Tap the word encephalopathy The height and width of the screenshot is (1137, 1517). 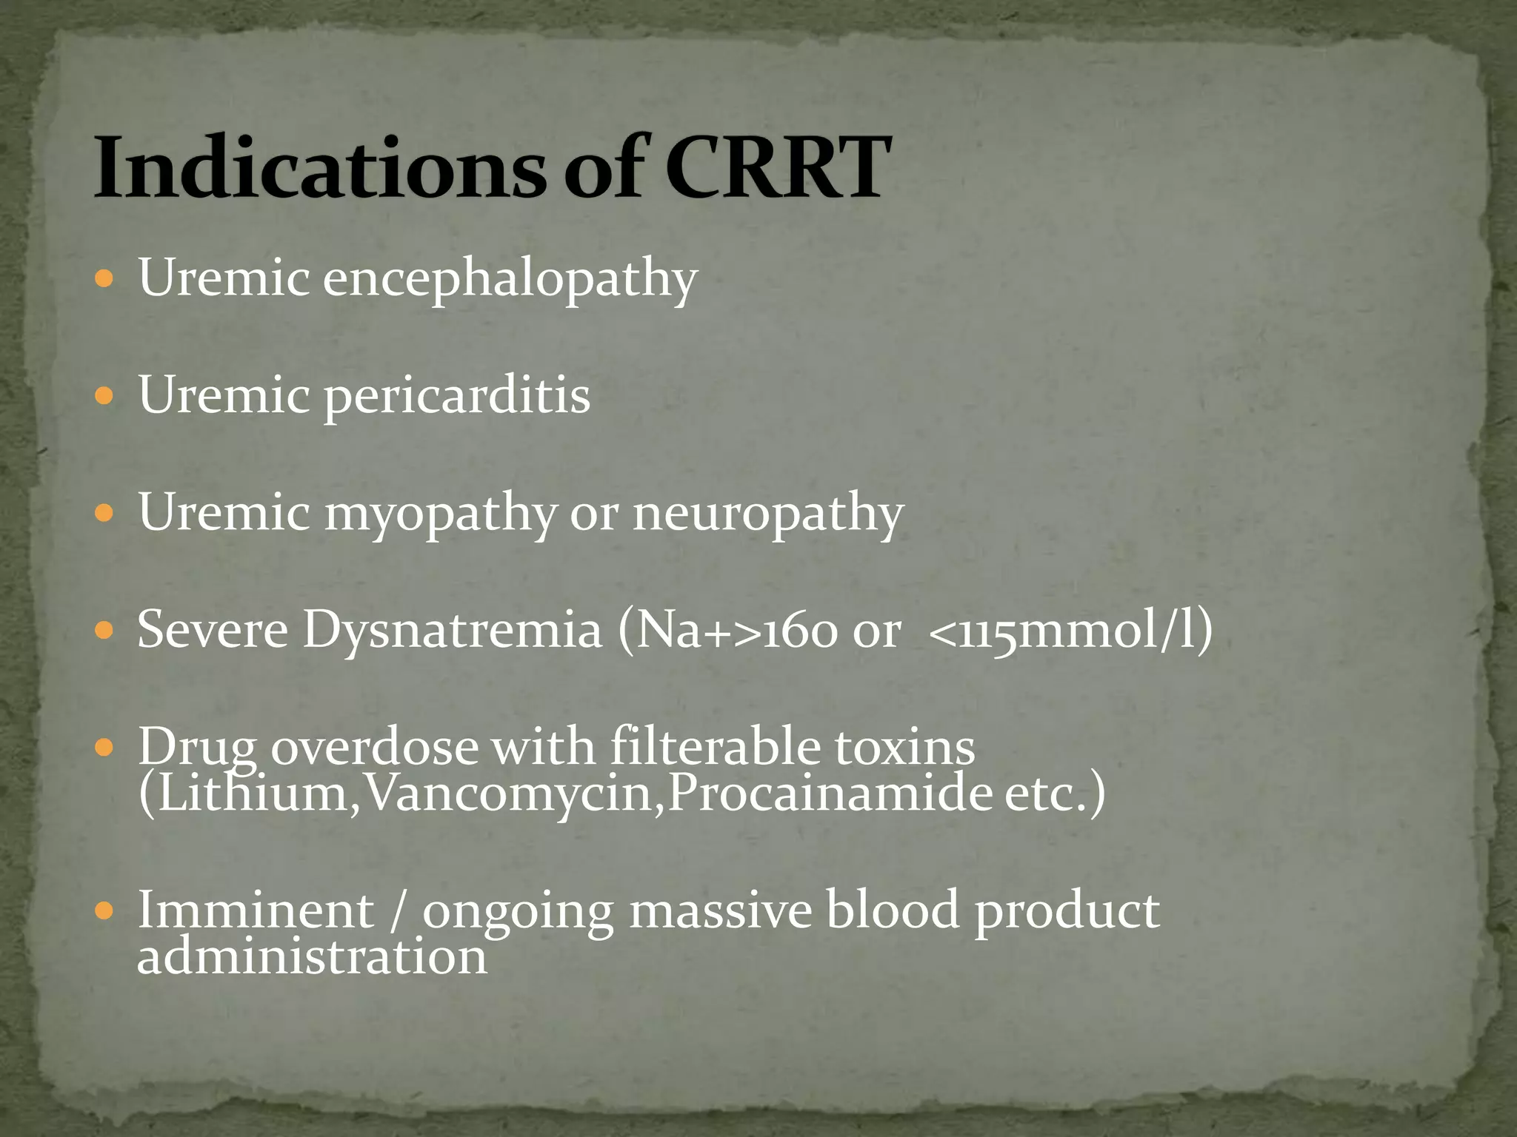point(510,280)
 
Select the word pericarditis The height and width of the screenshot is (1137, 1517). point(457,397)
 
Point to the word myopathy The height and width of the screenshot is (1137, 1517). point(440,514)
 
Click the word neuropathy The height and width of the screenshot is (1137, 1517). point(768,514)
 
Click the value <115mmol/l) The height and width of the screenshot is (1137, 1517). point(1070,631)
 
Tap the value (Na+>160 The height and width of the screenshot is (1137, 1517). point(727,631)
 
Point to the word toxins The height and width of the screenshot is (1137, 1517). point(904,748)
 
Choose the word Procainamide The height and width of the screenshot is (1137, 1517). point(830,794)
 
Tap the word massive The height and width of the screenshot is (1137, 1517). point(720,910)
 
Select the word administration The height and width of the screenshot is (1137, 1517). point(312,957)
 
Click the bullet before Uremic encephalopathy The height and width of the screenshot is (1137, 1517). point(105,280)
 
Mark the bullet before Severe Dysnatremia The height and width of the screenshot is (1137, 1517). point(105,631)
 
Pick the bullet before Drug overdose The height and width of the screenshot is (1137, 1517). point(105,748)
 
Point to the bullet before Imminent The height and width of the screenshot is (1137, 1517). point(105,910)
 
